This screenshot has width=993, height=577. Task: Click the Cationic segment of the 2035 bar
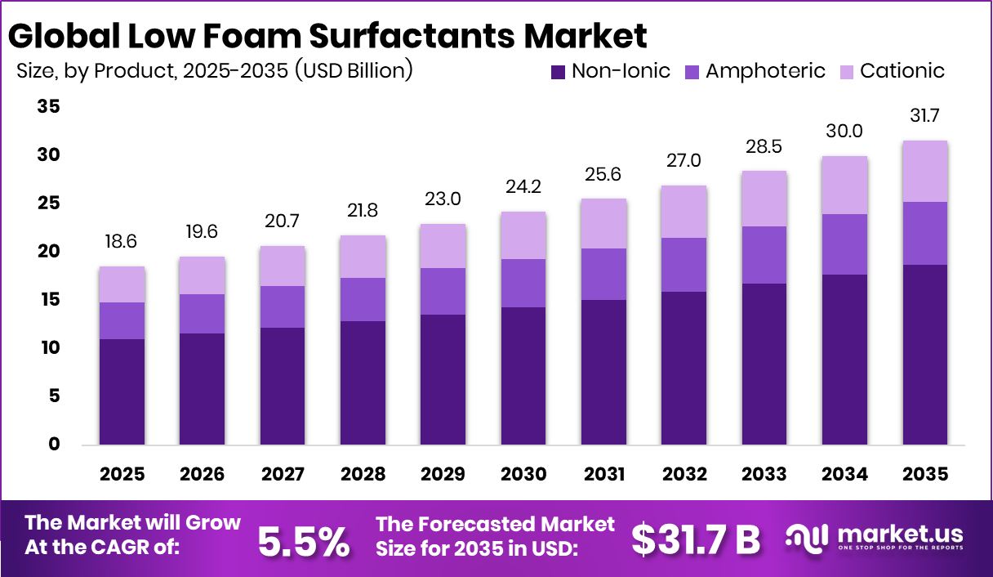tap(924, 172)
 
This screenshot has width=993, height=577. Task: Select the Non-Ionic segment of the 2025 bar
tap(122, 391)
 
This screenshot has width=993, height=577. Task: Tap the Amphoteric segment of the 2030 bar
tap(523, 283)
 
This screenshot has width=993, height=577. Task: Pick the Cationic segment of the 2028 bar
tap(363, 257)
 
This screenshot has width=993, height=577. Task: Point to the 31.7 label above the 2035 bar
tap(924, 117)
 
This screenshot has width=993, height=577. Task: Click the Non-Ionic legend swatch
tap(559, 72)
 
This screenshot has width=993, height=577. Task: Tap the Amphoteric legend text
tap(765, 71)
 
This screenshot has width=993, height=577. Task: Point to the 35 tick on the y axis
tap(48, 107)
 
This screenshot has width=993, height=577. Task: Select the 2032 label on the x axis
tap(684, 475)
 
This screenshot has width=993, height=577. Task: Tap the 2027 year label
tap(283, 475)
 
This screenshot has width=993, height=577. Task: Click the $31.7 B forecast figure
tap(696, 539)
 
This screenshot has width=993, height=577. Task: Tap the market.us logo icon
tap(806, 537)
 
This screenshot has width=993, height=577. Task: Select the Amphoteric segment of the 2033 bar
tap(764, 255)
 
